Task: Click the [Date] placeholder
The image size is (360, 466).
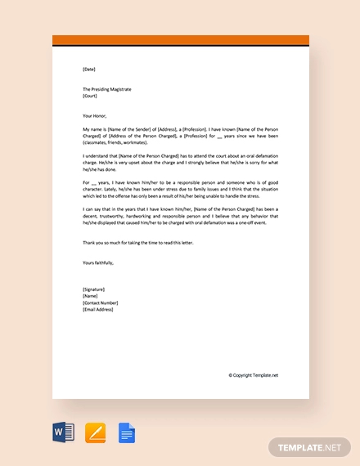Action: [88, 69]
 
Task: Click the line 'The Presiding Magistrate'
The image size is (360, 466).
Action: [107, 88]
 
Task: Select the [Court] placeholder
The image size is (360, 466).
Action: [90, 95]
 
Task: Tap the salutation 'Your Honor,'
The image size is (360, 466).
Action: [95, 115]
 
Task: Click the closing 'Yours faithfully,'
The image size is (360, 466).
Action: [98, 262]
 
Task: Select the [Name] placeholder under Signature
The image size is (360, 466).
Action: [91, 297]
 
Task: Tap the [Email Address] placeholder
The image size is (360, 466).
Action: [99, 310]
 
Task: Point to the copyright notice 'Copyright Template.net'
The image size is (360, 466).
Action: [254, 375]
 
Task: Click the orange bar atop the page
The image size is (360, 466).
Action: [180, 41]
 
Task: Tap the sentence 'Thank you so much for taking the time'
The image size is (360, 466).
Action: [138, 244]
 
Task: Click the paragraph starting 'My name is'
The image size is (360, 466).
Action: [180, 136]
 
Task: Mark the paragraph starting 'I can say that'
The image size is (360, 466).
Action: [180, 220]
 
